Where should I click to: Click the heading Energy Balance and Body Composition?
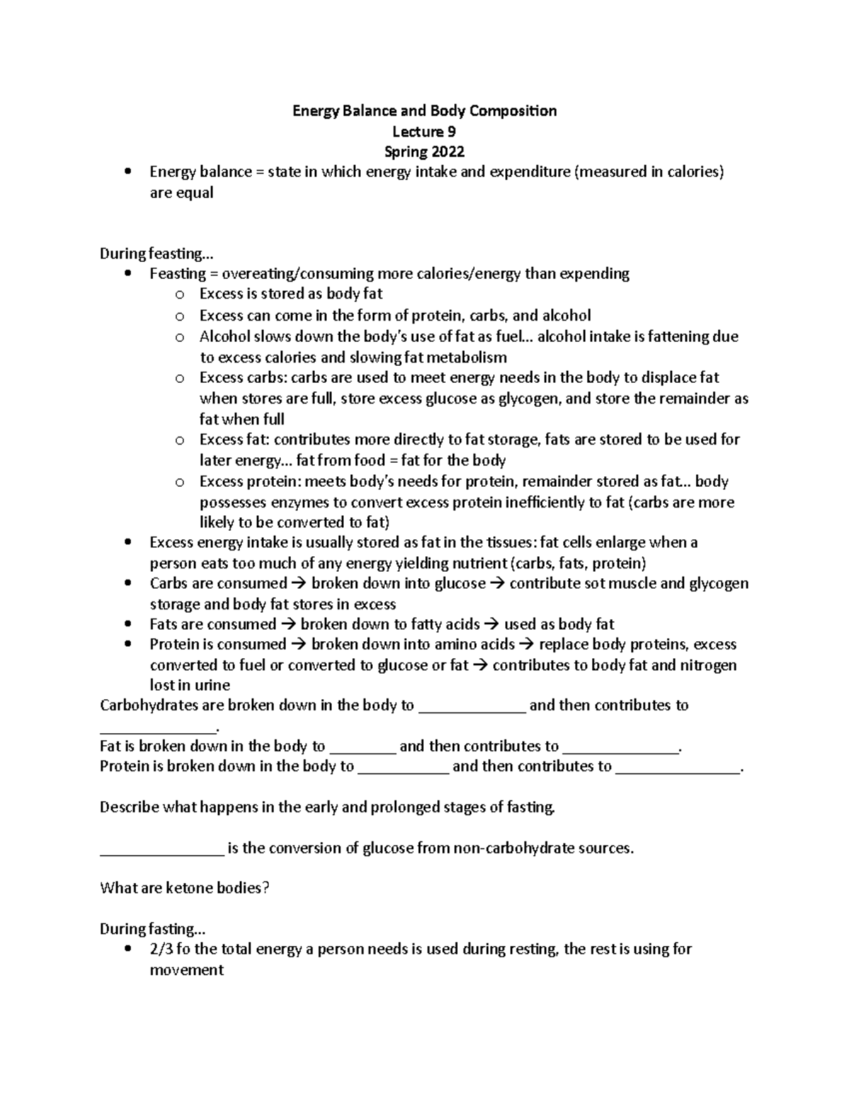pos(424,111)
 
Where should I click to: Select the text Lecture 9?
pos(424,132)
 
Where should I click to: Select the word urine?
pos(212,685)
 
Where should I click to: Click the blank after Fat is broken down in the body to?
pos(363,747)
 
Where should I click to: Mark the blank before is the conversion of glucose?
pos(162,849)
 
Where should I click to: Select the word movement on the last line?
pos(187,970)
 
